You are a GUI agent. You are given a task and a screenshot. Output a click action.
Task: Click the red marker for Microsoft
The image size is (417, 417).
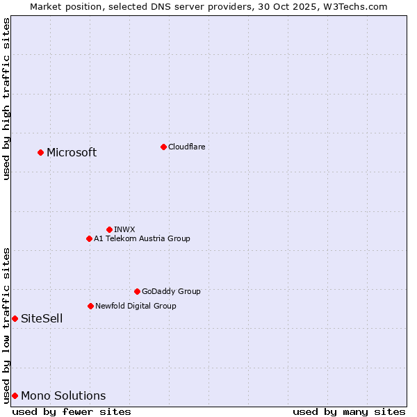(x=40, y=152)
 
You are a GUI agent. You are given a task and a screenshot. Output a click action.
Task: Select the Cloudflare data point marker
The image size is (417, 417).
(x=163, y=147)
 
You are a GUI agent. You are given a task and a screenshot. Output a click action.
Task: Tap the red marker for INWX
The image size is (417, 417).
(x=109, y=229)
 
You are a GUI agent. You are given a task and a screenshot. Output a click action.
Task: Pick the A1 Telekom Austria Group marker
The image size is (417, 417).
(x=89, y=238)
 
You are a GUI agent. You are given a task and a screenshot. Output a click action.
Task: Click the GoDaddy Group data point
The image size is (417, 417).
(x=137, y=291)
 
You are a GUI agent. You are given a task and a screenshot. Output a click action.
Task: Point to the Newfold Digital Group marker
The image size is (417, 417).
(x=90, y=306)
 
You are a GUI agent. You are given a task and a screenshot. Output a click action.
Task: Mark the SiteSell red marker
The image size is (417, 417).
(x=15, y=318)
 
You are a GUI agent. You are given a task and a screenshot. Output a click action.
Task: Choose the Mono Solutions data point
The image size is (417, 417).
(x=15, y=395)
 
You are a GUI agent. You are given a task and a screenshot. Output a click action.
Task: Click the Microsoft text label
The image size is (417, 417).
(x=72, y=153)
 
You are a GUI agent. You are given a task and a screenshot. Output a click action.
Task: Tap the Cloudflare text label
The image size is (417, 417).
(x=186, y=147)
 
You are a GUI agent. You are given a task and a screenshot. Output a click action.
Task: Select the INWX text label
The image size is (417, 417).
(x=124, y=229)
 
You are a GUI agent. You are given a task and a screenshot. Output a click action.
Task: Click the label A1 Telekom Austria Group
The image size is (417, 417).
(x=142, y=238)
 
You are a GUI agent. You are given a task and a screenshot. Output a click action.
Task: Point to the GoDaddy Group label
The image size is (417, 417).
(x=171, y=291)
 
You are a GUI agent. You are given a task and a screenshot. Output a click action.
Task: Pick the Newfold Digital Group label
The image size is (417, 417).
(x=136, y=306)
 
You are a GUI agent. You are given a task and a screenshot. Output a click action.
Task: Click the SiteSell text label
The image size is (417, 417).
(x=42, y=319)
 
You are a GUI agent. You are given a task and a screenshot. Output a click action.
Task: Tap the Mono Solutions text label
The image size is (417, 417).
(x=63, y=396)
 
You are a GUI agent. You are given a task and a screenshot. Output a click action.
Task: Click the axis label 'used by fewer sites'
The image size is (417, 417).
(x=72, y=411)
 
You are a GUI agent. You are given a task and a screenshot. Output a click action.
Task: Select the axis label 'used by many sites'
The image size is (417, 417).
(x=349, y=411)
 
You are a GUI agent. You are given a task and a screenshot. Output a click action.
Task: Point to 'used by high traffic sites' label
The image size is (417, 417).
(x=6, y=99)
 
